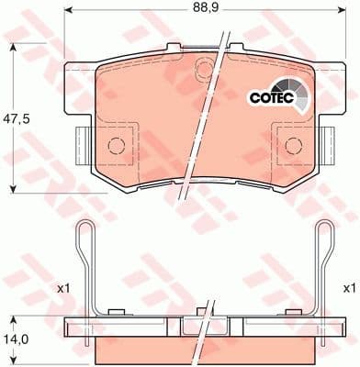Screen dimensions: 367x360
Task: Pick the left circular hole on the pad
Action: (117, 146)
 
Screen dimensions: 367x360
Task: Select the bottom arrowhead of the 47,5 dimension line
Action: (13, 187)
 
